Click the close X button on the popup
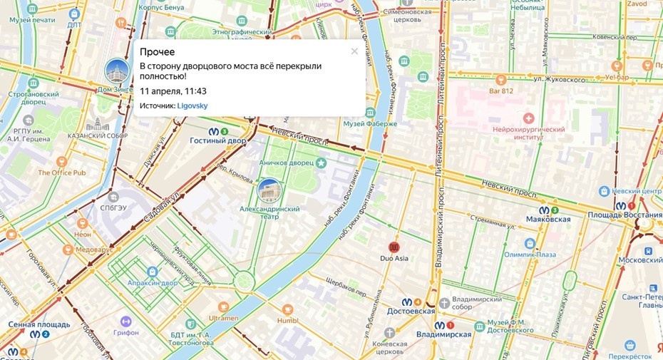point(354,51)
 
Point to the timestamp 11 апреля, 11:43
point(173,91)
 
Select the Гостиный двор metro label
point(217,141)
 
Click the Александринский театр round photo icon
point(269,190)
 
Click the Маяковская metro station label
point(549,219)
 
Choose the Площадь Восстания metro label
point(618,215)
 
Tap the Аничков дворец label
point(287,163)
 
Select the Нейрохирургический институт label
point(528,133)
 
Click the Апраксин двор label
point(151,282)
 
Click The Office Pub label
point(61,173)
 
